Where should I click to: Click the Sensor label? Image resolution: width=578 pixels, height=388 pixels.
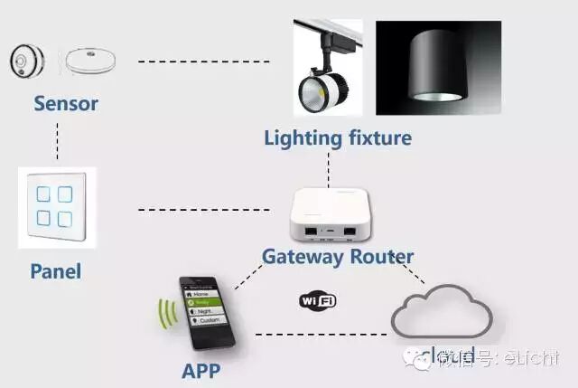click(66, 103)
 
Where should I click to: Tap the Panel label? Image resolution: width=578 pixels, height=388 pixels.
click(55, 270)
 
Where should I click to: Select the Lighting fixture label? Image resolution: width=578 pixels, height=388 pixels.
click(338, 138)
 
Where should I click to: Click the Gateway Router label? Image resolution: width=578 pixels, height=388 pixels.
click(338, 256)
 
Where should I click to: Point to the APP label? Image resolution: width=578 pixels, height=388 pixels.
click(200, 371)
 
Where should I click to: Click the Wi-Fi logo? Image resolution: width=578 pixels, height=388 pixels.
click(318, 299)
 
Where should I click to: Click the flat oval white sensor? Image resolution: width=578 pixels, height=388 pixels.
click(89, 62)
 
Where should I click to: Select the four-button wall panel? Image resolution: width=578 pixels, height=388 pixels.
click(57, 207)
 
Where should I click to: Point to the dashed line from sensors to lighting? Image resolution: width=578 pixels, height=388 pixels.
click(203, 62)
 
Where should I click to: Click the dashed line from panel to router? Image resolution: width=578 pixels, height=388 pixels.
click(203, 211)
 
